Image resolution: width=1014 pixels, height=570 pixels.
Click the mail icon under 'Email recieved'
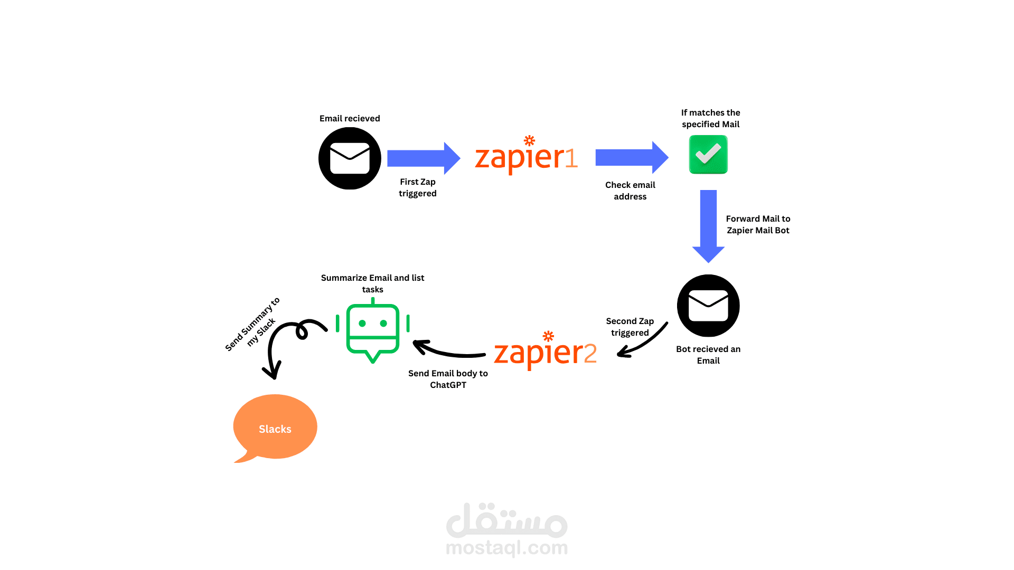click(x=350, y=158)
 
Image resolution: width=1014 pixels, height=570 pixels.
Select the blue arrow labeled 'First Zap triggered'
click(x=423, y=158)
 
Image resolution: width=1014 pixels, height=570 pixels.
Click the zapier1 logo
click(x=526, y=156)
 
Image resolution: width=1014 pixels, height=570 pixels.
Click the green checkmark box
click(x=708, y=155)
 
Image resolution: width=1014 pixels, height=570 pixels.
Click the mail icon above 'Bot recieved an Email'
click(x=708, y=306)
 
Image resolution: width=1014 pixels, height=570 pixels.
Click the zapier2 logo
click(x=545, y=352)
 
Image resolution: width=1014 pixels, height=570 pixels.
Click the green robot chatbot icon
click(x=373, y=330)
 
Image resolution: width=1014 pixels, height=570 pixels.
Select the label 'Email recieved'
click(x=350, y=118)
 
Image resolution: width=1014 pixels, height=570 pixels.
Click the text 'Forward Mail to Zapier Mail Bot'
click(x=758, y=224)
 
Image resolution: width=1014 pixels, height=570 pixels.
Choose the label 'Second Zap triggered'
click(x=630, y=327)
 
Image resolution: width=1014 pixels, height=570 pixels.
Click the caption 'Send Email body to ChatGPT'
click(x=448, y=379)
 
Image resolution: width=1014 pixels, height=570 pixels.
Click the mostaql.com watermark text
click(x=506, y=548)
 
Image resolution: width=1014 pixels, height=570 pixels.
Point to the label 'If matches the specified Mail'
click(x=710, y=118)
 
